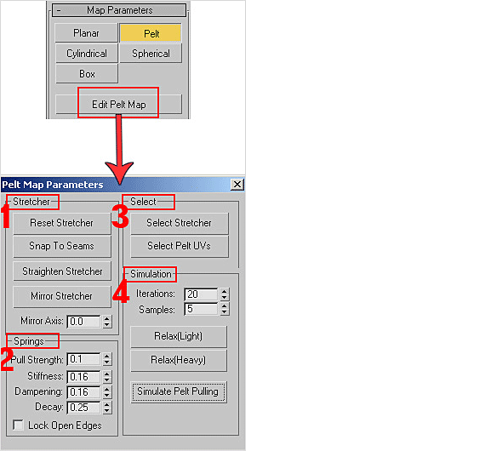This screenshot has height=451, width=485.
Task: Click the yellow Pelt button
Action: click(x=151, y=33)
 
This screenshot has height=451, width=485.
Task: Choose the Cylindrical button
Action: click(x=87, y=54)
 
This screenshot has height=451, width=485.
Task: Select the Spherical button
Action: click(x=151, y=54)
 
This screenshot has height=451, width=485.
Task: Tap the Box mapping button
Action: click(x=87, y=74)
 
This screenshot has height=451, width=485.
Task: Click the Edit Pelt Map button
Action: click(x=119, y=105)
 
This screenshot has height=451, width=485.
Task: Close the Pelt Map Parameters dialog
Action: click(x=237, y=185)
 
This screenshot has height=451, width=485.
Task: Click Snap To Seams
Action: click(x=62, y=246)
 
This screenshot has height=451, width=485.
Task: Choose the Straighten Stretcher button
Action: click(x=62, y=271)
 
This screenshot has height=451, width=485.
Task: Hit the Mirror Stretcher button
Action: click(x=62, y=296)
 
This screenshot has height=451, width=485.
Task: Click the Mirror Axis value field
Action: click(x=83, y=322)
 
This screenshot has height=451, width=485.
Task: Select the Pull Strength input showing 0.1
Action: click(x=83, y=359)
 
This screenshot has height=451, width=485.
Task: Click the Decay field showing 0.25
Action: click(x=83, y=407)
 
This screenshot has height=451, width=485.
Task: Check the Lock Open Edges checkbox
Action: click(x=18, y=425)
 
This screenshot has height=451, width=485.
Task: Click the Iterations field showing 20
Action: click(x=201, y=294)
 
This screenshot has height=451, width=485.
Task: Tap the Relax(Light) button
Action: click(x=179, y=336)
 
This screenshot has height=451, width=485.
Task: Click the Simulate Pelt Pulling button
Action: click(x=179, y=391)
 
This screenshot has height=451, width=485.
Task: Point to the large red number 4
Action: click(x=121, y=292)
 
